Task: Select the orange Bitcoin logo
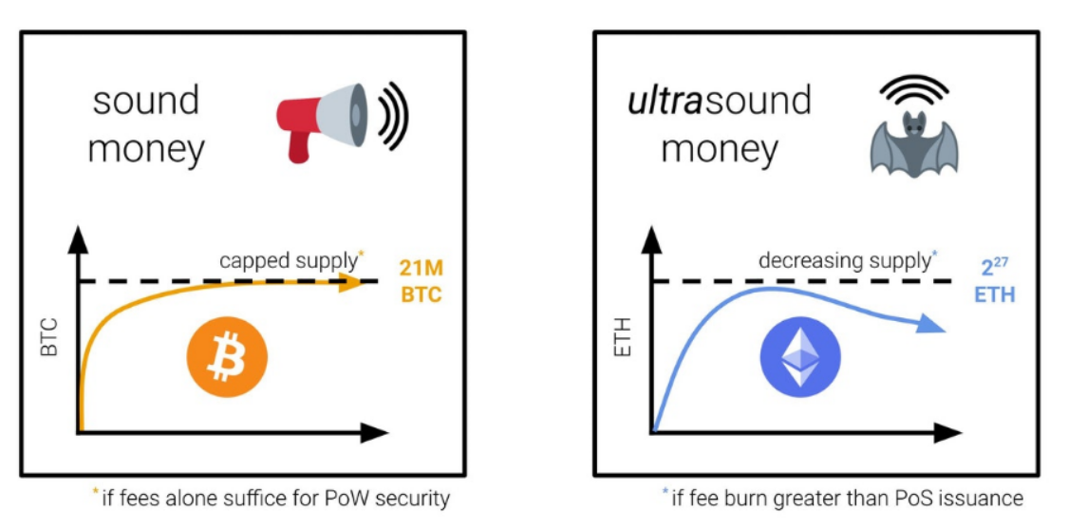(227, 358)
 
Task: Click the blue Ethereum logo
(800, 358)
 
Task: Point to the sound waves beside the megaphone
(392, 116)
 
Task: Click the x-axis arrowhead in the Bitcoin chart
(374, 432)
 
